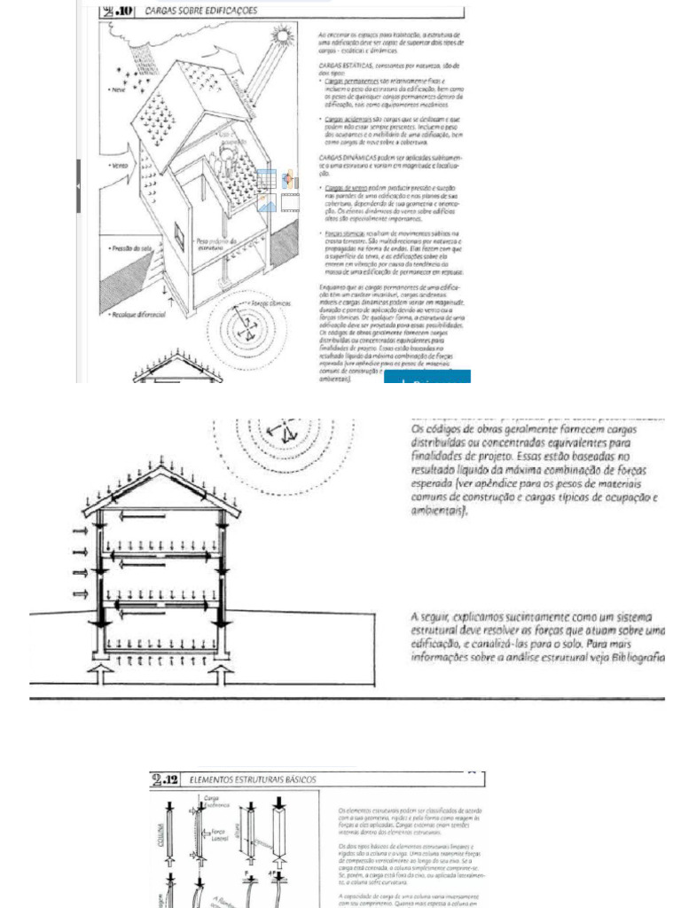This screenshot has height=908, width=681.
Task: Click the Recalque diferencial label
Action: (x=132, y=315)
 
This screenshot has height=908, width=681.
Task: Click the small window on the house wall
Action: (x=178, y=235)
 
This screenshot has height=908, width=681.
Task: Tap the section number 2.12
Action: (x=165, y=779)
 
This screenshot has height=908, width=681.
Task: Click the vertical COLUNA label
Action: (x=160, y=836)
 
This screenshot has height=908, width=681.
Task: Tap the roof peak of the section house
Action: (x=159, y=473)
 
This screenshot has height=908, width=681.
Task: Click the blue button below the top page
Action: (x=427, y=380)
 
